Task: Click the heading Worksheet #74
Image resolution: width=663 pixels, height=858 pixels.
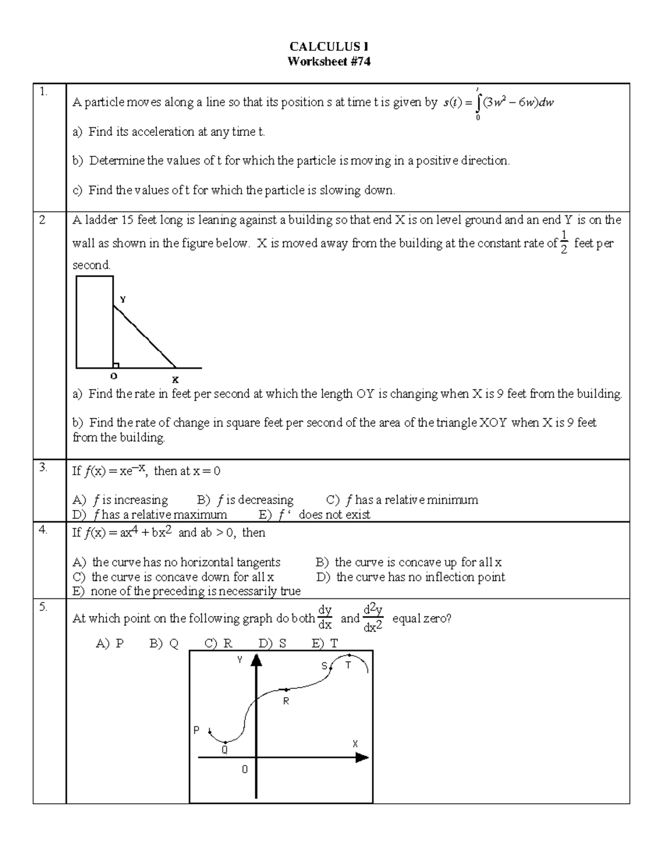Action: [x=329, y=62]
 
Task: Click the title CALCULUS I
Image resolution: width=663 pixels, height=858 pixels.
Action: [x=329, y=47]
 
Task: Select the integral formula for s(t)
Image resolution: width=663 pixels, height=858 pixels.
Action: [x=498, y=103]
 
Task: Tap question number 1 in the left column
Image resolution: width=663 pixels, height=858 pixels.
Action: [x=43, y=92]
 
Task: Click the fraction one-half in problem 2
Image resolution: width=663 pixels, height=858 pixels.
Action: [x=564, y=243]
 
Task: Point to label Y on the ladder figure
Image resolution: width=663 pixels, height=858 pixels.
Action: [x=123, y=299]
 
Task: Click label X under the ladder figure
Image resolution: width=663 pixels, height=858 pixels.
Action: [x=175, y=380]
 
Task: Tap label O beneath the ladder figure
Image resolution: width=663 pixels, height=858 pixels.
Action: [x=114, y=376]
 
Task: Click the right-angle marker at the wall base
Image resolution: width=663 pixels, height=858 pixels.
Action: [x=116, y=365]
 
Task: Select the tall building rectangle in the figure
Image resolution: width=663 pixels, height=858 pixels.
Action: [x=94, y=322]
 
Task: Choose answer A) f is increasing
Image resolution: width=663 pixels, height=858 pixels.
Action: [x=120, y=500]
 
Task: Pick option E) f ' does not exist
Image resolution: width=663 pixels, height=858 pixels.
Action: [x=314, y=515]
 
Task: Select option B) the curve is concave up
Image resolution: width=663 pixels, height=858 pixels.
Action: [x=409, y=562]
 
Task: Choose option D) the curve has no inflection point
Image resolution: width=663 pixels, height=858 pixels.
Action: [x=411, y=577]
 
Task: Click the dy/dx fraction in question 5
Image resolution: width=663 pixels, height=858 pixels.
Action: [x=325, y=618]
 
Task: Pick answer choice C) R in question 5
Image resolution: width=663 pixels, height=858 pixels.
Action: [x=218, y=644]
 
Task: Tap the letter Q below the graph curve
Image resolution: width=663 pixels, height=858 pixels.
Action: [x=224, y=750]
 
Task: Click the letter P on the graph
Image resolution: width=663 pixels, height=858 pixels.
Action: [x=196, y=730]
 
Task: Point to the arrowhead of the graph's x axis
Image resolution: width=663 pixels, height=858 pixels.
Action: [x=362, y=758]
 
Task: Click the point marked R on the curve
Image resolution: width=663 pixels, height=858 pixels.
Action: [x=286, y=690]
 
